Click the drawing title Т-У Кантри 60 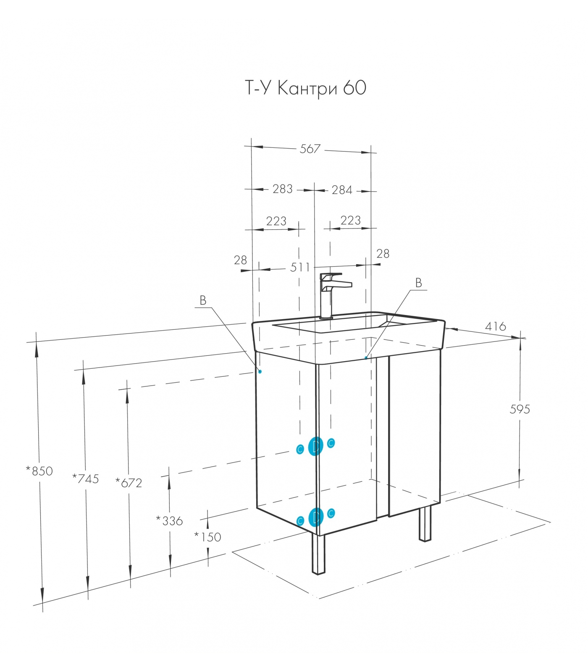pos(305,89)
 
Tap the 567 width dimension pos(310,149)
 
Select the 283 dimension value pos(282,189)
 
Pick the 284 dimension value pos(342,190)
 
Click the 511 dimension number pos(300,268)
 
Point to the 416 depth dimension pos(496,326)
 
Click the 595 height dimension pos(520,409)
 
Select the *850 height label pos(39,471)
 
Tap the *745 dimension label pos(86,479)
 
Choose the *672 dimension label pos(129,483)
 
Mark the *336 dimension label pos(169,521)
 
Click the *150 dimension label pos(207,537)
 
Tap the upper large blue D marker pos(315,446)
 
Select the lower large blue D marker pos(315,517)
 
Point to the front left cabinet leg pos(318,554)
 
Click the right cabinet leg pos(425,523)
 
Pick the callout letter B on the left pos(203,301)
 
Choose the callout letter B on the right pos(418,283)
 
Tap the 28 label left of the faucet pos(240,260)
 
